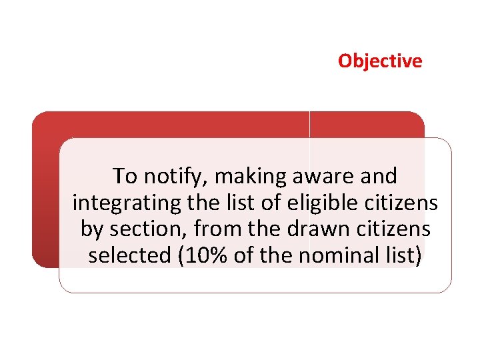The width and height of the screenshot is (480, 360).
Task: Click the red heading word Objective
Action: point(379,61)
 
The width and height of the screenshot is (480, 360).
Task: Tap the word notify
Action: point(172,176)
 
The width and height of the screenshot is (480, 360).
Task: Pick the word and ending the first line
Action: point(380,176)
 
